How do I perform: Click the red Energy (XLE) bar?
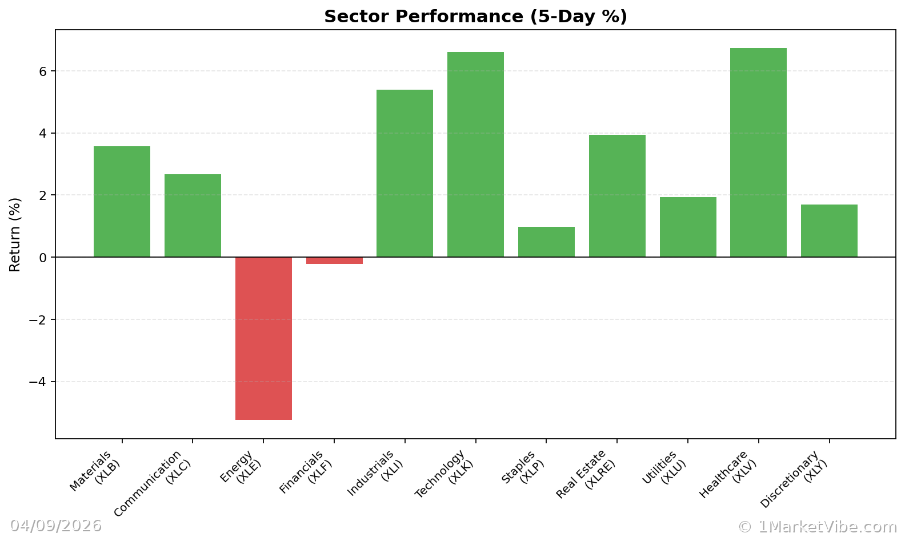tap(263, 338)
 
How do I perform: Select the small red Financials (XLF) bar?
tap(334, 261)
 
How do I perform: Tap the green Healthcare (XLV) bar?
tap(758, 153)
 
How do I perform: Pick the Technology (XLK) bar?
tap(475, 154)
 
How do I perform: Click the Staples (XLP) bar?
tap(546, 242)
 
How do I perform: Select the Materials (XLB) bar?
tap(122, 202)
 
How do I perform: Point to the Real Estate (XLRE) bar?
tap(617, 196)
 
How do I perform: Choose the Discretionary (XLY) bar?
tap(829, 231)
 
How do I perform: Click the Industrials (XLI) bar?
tap(405, 173)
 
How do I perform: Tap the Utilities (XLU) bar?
tap(688, 227)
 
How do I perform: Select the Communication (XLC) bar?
tap(193, 215)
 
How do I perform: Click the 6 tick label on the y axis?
tap(42, 71)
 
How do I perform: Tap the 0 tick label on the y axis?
tap(42, 258)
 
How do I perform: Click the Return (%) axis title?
tap(15, 234)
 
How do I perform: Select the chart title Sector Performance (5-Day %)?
tap(475, 17)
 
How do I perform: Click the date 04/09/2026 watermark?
tap(55, 526)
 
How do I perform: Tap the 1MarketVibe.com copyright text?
tap(817, 527)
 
